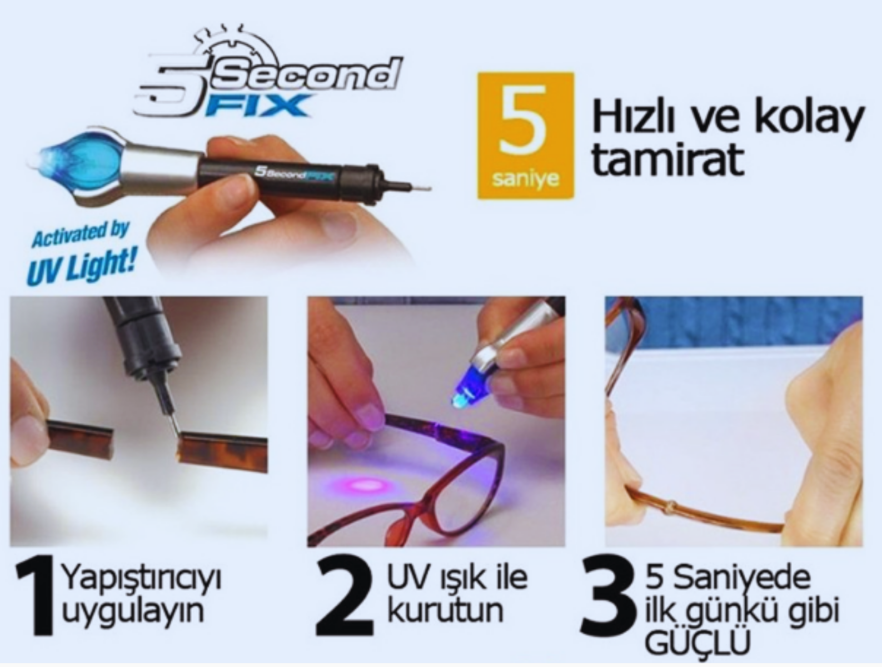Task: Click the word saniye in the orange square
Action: point(526,179)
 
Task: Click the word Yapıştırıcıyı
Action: point(141,579)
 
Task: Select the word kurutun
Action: point(446,610)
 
